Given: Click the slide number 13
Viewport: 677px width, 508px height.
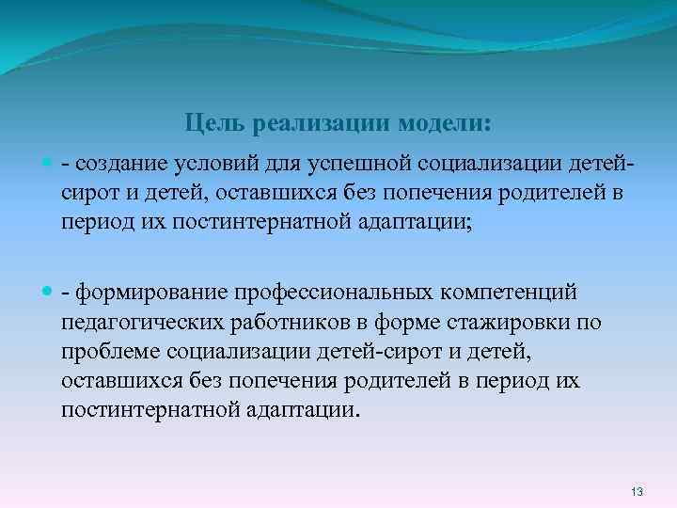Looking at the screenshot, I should tap(637, 492).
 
